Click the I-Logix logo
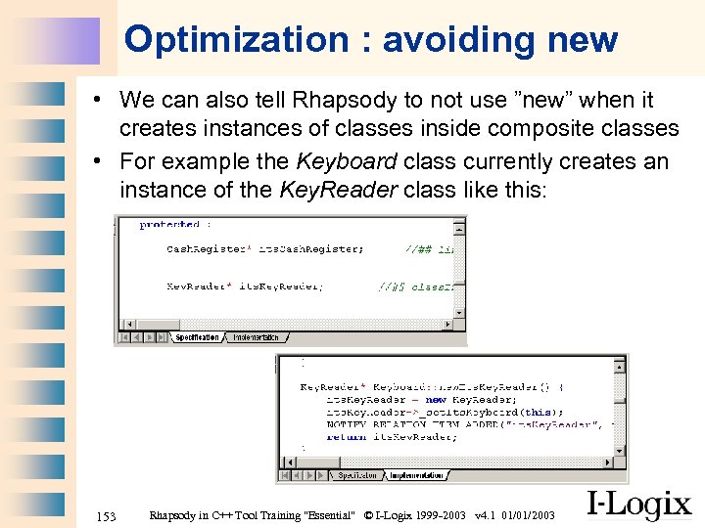(x=639, y=506)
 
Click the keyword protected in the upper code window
(x=169, y=225)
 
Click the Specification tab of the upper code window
(x=197, y=337)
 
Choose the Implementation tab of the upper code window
(x=256, y=337)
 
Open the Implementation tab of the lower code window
(x=416, y=476)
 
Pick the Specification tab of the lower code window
(x=357, y=476)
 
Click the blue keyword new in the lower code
(x=436, y=400)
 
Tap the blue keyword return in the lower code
(x=347, y=437)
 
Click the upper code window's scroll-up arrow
(x=459, y=223)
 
